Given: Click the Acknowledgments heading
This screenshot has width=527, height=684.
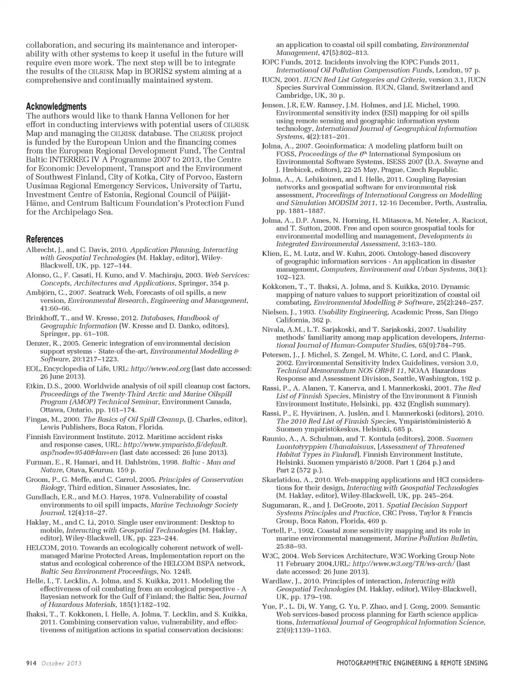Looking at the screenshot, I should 56,107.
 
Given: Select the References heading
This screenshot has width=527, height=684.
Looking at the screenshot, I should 44,240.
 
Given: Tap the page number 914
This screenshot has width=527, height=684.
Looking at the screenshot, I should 32,663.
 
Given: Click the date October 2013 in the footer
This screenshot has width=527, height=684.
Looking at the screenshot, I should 61,663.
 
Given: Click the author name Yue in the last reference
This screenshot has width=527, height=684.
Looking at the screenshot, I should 269,607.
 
